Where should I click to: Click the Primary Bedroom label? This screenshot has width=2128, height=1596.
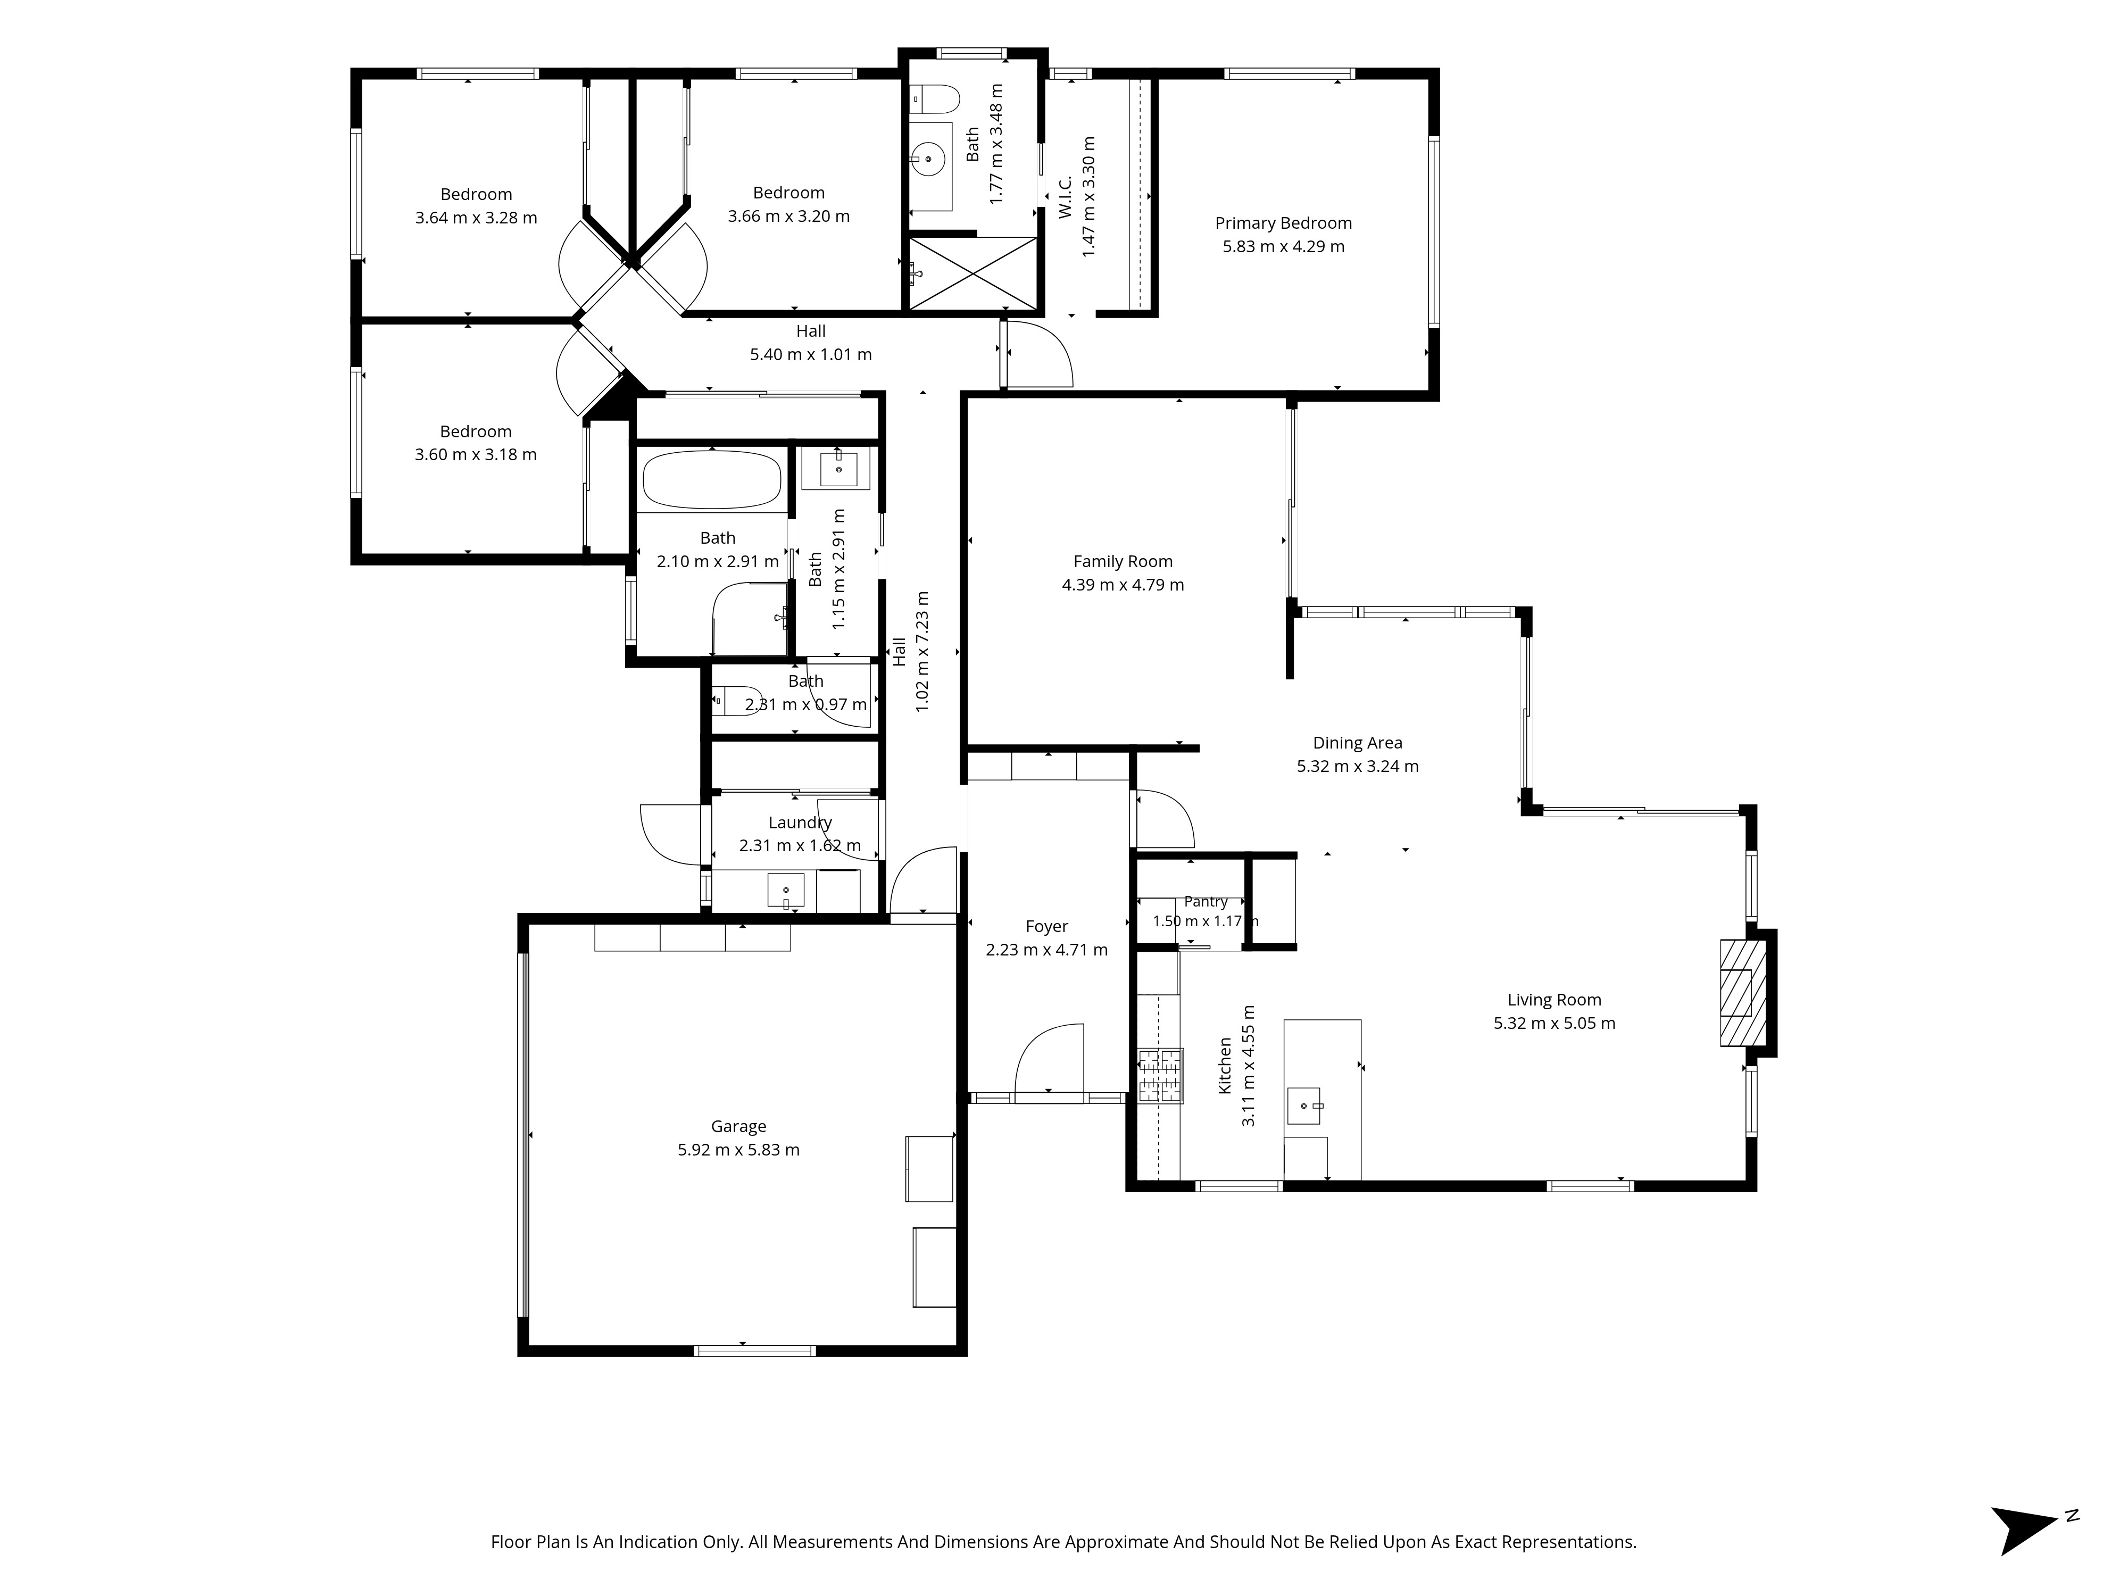(x=1283, y=223)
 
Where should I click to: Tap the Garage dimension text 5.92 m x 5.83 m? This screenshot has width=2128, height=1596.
(x=739, y=1150)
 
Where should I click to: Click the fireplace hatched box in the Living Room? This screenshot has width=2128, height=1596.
(x=1743, y=993)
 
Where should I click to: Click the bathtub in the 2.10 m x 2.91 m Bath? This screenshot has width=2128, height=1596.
(x=712, y=479)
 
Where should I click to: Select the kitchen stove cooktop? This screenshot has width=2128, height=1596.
(x=1160, y=1076)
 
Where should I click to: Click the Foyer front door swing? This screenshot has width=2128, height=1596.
(x=1050, y=1058)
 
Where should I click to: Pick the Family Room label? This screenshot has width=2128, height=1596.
(x=1123, y=562)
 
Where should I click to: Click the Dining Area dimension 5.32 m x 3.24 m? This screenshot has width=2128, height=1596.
(x=1358, y=767)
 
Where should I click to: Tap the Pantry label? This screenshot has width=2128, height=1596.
(x=1206, y=901)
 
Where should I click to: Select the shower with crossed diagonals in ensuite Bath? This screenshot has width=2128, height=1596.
(x=974, y=274)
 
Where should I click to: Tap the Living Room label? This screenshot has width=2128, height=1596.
(x=1553, y=1001)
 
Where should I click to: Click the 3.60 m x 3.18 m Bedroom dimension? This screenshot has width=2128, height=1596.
(x=475, y=455)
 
